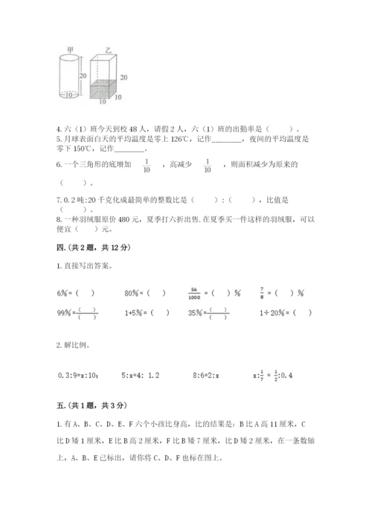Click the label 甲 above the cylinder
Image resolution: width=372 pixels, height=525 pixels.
(x=70, y=50)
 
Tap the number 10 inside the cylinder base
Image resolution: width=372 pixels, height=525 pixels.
(x=69, y=95)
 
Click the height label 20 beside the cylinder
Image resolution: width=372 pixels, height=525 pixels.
(x=83, y=75)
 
